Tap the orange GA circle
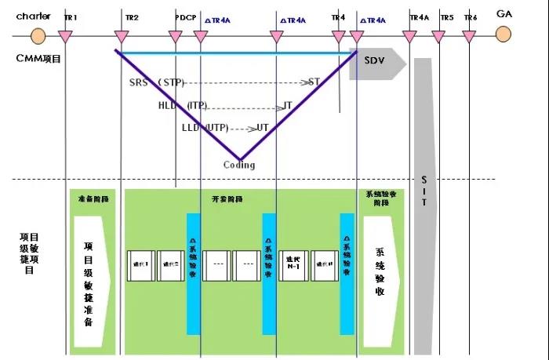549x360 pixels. pos(503,35)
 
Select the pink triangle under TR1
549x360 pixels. pos(67,35)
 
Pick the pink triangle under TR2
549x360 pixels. pos(121,35)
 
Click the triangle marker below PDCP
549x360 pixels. pos(176,35)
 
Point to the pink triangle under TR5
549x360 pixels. pos(438,35)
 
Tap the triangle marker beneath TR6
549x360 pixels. pos(469,35)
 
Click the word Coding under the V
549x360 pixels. pos(239,165)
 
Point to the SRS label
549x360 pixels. pos(138,82)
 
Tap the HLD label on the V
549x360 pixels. pos(167,105)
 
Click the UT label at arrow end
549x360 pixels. pos(263,127)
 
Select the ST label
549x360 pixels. pos(314,82)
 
